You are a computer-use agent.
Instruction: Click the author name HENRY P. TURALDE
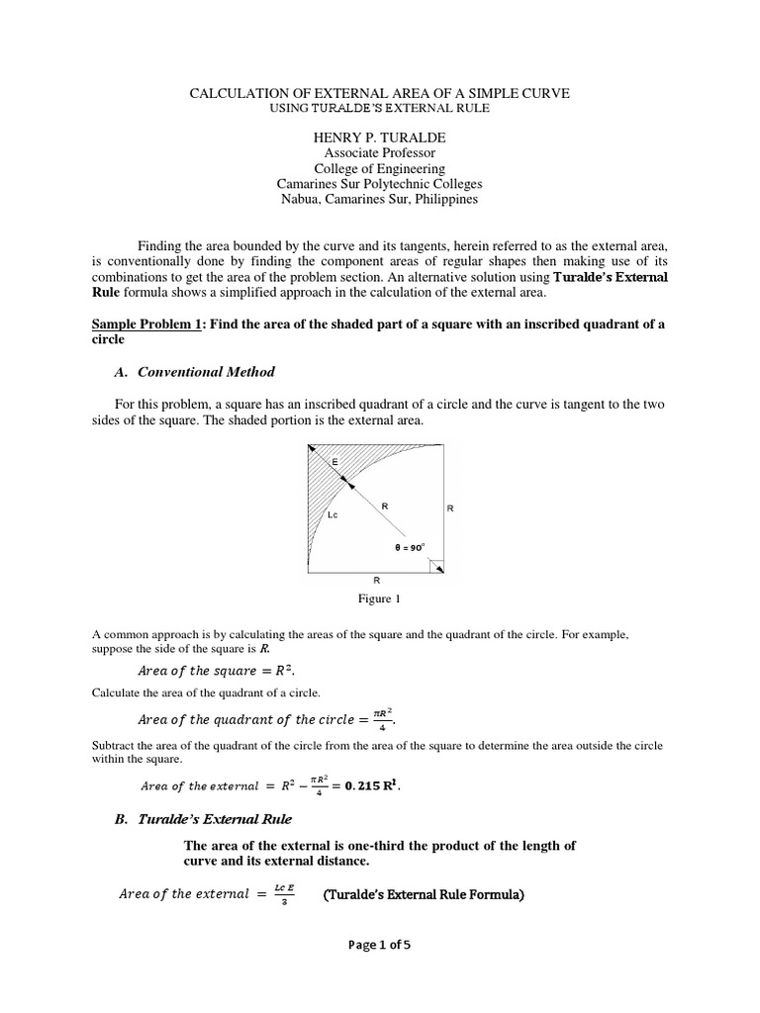pos(380,137)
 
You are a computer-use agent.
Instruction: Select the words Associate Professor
pos(380,153)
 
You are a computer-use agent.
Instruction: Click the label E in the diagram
pos(333,463)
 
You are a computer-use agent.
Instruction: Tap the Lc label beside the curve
pos(332,515)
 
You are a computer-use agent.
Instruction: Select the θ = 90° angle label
pos(411,546)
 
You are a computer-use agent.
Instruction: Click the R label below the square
pos(376,580)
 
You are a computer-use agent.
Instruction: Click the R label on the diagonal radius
pos(385,506)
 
